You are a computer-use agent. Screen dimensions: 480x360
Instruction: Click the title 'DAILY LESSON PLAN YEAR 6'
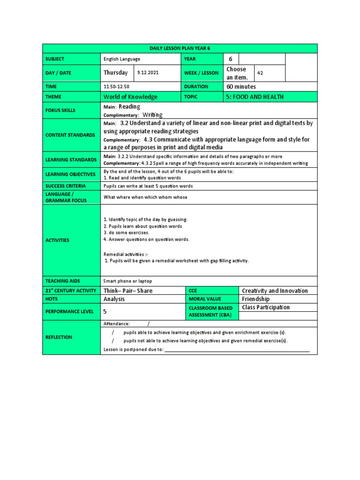coord(180,49)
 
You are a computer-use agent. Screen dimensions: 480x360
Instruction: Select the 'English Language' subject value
coord(122,59)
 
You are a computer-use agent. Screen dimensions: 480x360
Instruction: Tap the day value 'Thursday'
coord(115,73)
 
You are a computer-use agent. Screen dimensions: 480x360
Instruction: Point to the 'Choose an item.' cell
coord(236,73)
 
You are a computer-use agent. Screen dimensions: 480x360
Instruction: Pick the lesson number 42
coord(261,73)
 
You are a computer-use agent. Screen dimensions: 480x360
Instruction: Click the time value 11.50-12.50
coord(116,87)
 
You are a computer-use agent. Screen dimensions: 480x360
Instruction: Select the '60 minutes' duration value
coord(241,87)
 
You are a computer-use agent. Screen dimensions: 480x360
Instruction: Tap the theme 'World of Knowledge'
coord(130,97)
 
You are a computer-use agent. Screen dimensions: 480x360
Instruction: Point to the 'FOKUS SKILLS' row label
coord(60,111)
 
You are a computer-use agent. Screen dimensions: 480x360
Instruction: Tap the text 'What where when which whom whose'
coord(145,197)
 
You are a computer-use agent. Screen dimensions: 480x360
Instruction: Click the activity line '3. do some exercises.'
coord(126,232)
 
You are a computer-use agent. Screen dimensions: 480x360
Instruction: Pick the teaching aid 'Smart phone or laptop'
coord(127,281)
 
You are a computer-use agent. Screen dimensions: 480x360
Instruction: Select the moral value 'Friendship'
coord(255,299)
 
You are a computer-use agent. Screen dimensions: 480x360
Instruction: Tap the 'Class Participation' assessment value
coord(266,307)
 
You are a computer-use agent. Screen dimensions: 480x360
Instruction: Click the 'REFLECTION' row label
coord(59,337)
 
